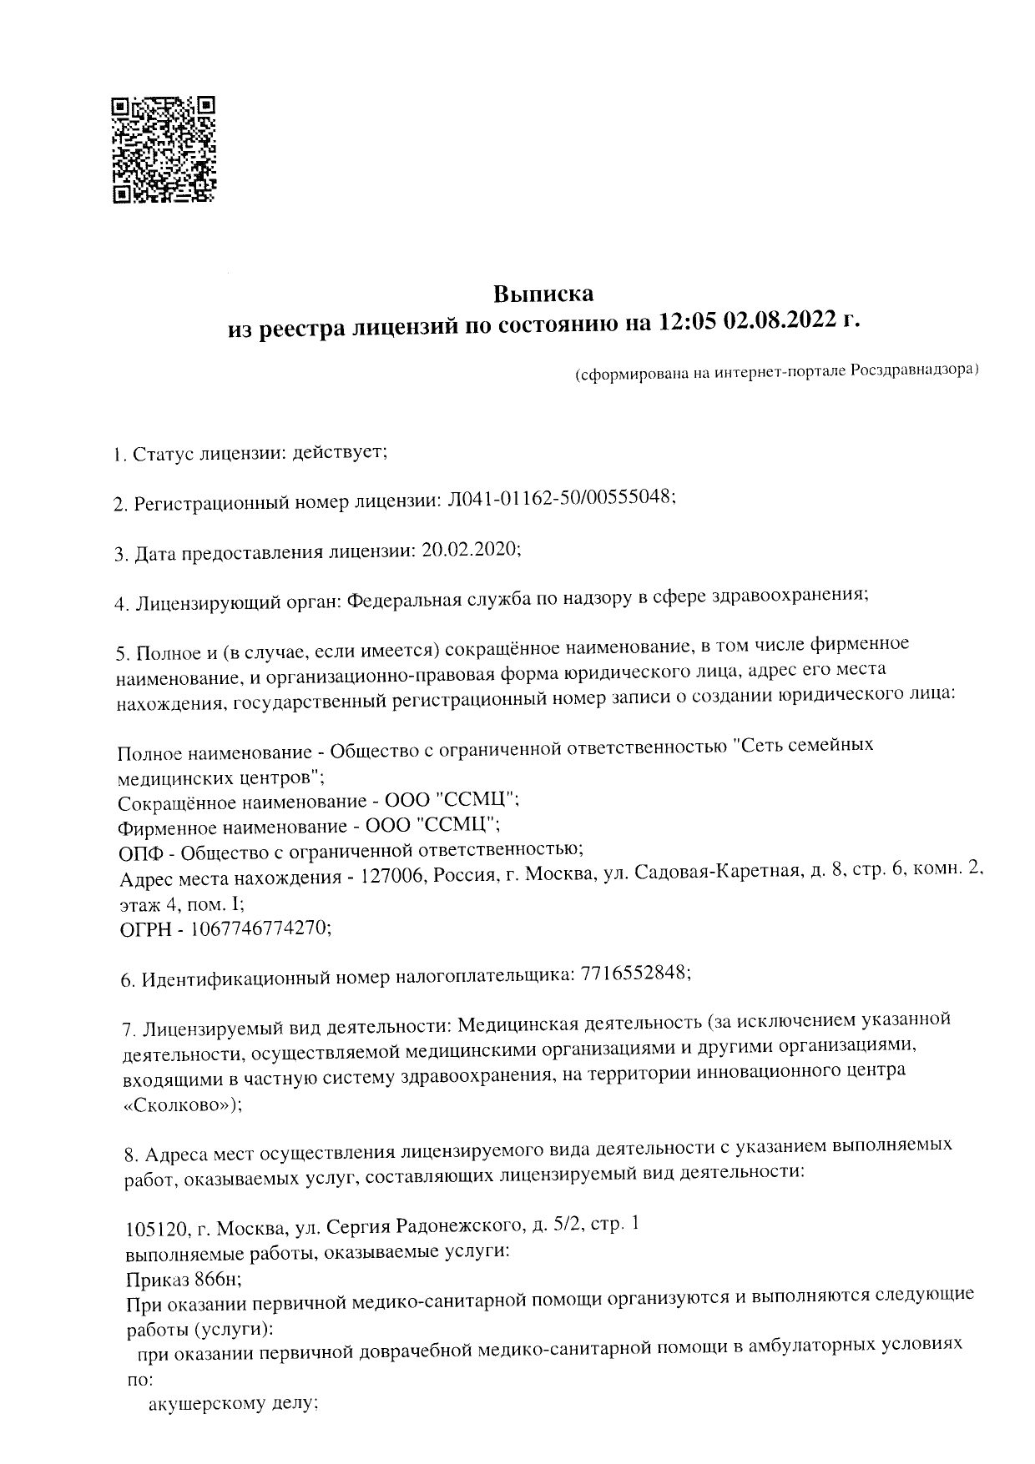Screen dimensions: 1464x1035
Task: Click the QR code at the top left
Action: coord(164,150)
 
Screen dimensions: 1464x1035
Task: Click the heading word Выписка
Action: coord(543,294)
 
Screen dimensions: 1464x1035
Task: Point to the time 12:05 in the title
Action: coord(688,323)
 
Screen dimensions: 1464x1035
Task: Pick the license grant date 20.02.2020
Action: coord(472,549)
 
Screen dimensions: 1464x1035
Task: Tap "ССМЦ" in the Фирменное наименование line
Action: coord(457,826)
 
